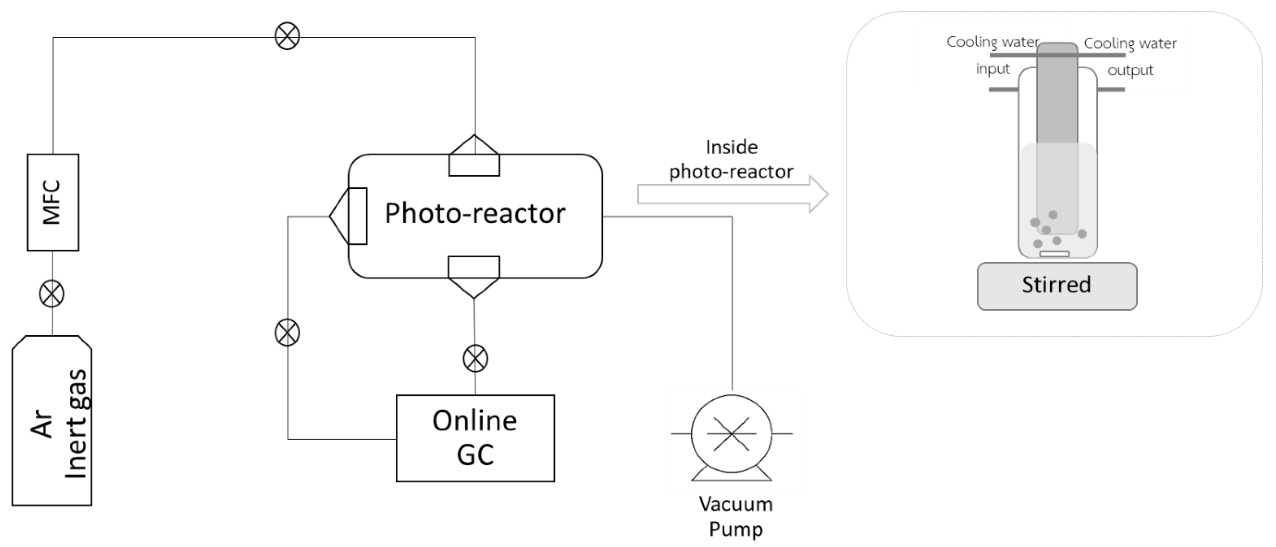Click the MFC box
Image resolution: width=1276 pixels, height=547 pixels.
(53, 202)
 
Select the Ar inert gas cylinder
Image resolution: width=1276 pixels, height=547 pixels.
(52, 421)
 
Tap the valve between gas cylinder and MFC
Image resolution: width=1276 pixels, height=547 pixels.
(52, 294)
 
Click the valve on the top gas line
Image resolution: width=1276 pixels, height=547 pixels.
(287, 36)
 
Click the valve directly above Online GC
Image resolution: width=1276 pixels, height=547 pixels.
(475, 359)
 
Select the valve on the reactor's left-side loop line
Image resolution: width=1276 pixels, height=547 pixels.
(287, 332)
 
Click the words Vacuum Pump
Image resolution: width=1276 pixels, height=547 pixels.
(736, 516)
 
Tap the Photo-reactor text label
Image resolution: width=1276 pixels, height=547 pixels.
(475, 213)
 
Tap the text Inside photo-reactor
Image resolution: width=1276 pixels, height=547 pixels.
(731, 159)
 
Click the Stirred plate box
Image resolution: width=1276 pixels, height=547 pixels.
(1057, 286)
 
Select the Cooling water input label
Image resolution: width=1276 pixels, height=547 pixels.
(993, 54)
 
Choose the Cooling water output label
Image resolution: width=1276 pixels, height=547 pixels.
(1130, 56)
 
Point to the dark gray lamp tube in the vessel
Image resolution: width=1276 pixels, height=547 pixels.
(1057, 99)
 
